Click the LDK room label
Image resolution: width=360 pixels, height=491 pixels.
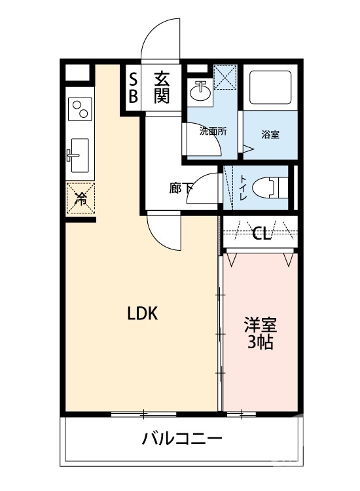pyautogui.click(x=143, y=313)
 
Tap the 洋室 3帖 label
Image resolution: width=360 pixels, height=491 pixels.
pyautogui.click(x=261, y=333)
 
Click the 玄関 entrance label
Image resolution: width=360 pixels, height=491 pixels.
pyautogui.click(x=162, y=88)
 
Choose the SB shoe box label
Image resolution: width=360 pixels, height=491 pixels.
pyautogui.click(x=134, y=88)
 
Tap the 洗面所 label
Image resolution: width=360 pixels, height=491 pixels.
pyautogui.click(x=213, y=132)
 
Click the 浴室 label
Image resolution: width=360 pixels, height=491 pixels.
pyautogui.click(x=270, y=135)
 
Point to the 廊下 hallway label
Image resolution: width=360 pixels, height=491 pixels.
pyautogui.click(x=180, y=188)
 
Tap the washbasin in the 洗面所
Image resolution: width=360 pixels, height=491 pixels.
pyautogui.click(x=200, y=91)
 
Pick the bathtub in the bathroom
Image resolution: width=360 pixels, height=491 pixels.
pyautogui.click(x=270, y=87)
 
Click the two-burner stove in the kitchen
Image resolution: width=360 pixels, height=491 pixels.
pyautogui.click(x=80, y=109)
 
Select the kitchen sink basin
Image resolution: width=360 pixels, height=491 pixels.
pyautogui.click(x=79, y=155)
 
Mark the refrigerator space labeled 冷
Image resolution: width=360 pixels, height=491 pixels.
pyautogui.click(x=81, y=198)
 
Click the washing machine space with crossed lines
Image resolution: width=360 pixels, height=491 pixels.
pyautogui.click(x=225, y=77)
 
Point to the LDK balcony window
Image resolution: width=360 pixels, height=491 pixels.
pyautogui.click(x=144, y=414)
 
